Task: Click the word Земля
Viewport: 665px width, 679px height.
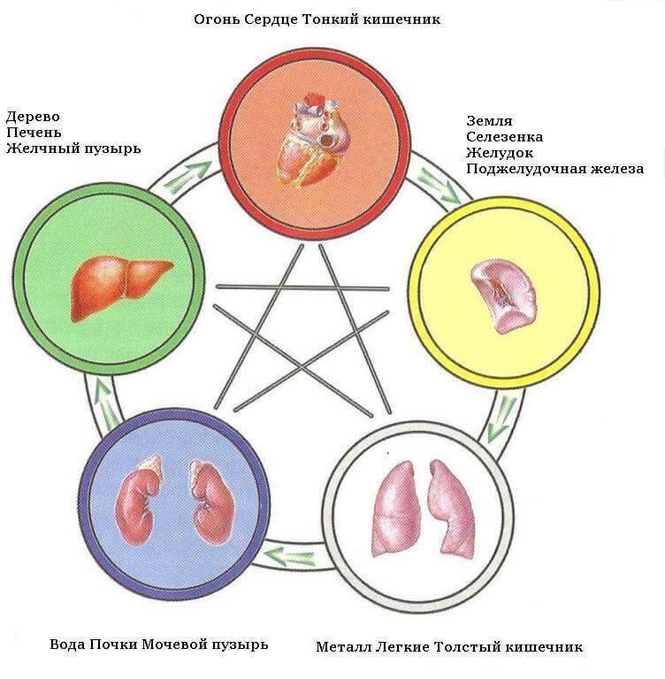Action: point(489,120)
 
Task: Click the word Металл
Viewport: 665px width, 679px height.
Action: point(341,646)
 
